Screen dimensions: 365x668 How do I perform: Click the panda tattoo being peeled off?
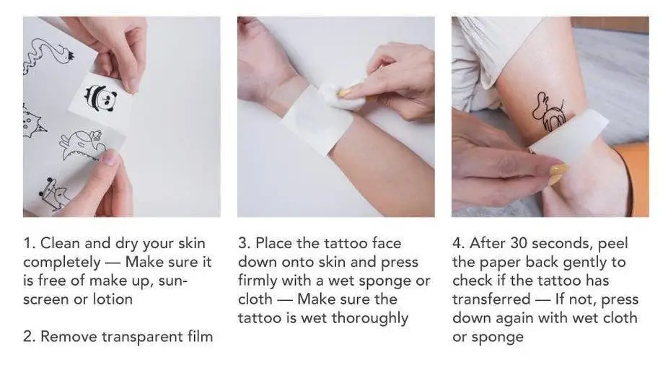tap(97, 94)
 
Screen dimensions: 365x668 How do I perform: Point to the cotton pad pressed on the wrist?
tap(343, 96)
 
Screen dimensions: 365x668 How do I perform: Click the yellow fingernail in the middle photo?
tap(345, 92)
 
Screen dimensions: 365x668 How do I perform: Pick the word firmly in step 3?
tap(260, 281)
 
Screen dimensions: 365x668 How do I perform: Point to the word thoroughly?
tap(369, 318)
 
